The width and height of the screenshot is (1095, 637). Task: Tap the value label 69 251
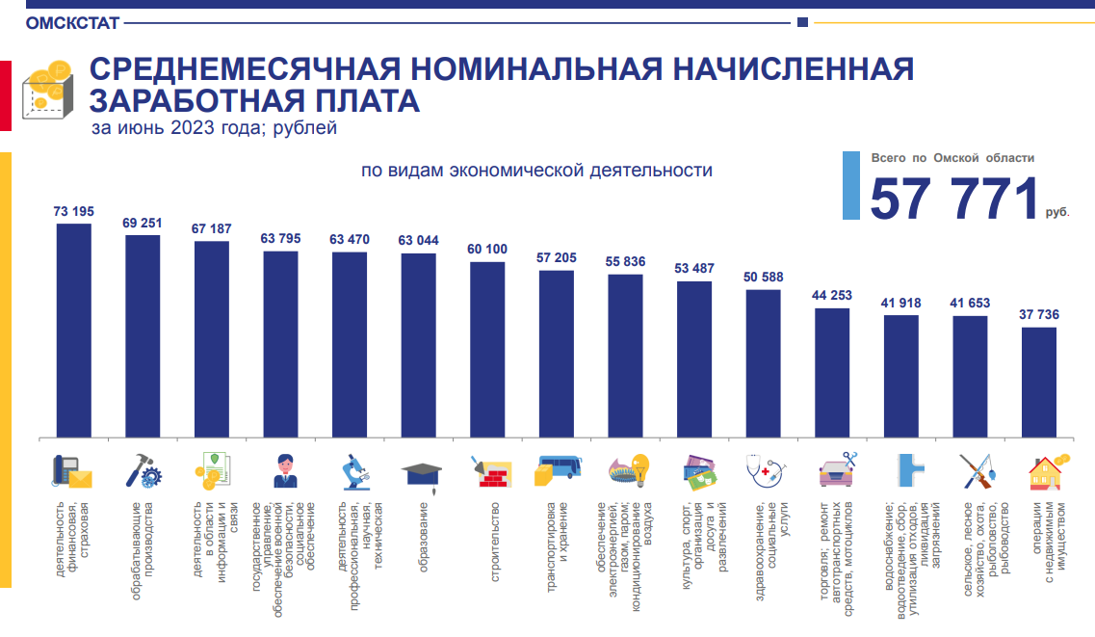(143, 223)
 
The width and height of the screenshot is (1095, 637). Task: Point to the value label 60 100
(487, 250)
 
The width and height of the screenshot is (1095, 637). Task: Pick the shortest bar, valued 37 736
(1038, 382)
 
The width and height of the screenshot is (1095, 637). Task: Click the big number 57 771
(953, 199)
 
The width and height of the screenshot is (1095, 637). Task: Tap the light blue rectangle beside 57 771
(851, 185)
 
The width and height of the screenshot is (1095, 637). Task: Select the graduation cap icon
(421, 473)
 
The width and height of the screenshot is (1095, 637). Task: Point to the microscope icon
(352, 471)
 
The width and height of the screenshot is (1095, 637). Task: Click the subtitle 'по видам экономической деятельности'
(536, 171)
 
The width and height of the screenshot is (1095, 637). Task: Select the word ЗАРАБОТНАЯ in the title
(208, 101)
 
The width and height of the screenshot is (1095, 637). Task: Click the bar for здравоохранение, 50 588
(763, 362)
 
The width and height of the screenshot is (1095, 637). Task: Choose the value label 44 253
(832, 296)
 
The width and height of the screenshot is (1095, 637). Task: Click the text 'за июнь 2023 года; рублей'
(214, 128)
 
